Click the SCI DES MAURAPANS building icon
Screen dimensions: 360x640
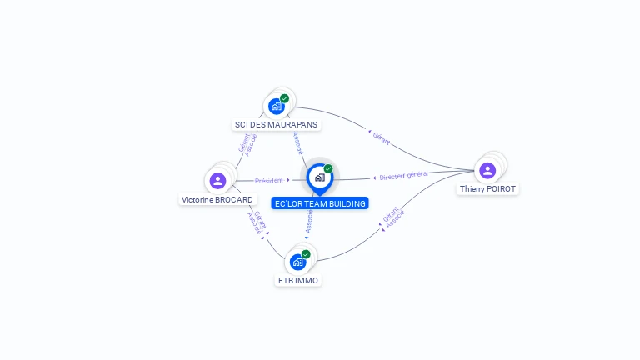click(277, 106)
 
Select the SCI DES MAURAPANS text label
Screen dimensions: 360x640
click(276, 125)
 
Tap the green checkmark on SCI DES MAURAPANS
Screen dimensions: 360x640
click(285, 98)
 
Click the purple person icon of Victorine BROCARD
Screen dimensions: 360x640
click(217, 180)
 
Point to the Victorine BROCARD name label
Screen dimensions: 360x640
click(217, 200)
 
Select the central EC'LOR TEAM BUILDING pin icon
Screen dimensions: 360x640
click(319, 177)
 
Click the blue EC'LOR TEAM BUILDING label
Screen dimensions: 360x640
click(320, 203)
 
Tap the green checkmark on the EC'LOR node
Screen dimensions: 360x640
click(328, 168)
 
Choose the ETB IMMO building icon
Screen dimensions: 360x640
click(297, 262)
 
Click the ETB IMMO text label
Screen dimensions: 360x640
click(297, 281)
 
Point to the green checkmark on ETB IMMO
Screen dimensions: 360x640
click(306, 254)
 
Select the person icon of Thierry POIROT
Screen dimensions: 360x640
click(487, 170)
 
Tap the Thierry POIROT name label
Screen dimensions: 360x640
click(488, 189)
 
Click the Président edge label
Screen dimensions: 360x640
click(269, 180)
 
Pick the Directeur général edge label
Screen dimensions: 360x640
click(403, 176)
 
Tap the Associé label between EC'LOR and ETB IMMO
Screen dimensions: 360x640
click(309, 220)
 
